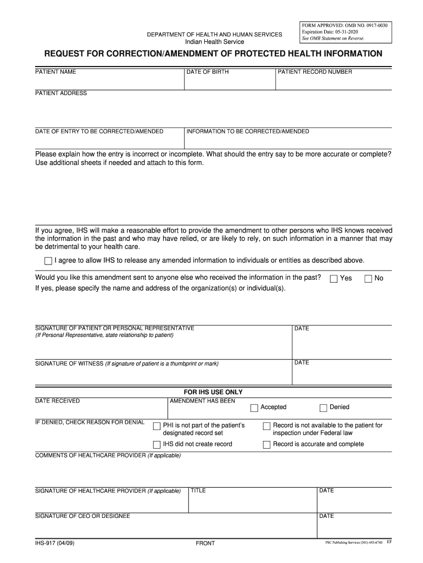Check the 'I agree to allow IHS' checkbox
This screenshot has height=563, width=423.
48,261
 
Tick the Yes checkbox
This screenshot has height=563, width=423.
333,279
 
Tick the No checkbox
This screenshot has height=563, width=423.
368,279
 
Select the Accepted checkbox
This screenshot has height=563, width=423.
254,408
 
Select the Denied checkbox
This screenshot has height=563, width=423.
324,408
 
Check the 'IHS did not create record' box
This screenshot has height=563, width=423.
157,445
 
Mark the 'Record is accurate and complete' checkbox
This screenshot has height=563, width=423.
267,445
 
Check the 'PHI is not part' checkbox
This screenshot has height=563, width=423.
157,426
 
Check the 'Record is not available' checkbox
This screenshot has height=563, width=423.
267,426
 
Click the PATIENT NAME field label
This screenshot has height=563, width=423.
55,72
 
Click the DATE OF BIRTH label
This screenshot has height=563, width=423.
208,72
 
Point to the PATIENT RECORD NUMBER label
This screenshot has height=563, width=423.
315,72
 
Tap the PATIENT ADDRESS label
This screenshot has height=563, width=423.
61,93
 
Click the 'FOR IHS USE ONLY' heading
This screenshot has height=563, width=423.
213,392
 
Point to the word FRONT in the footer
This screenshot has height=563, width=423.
205,543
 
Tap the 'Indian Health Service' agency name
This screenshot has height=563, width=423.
214,42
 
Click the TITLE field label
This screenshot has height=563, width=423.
198,490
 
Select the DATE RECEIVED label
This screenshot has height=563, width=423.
57,401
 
